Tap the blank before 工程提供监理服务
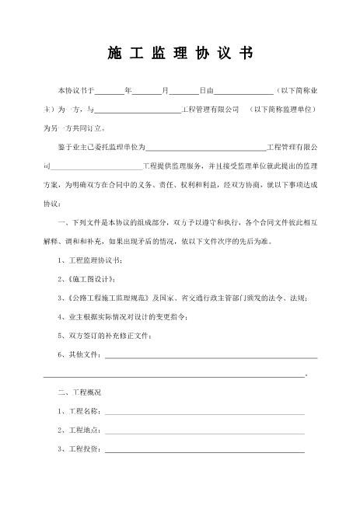(x=96, y=166)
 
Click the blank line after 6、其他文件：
(x=210, y=355)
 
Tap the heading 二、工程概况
(x=79, y=392)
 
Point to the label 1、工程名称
(x=80, y=411)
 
